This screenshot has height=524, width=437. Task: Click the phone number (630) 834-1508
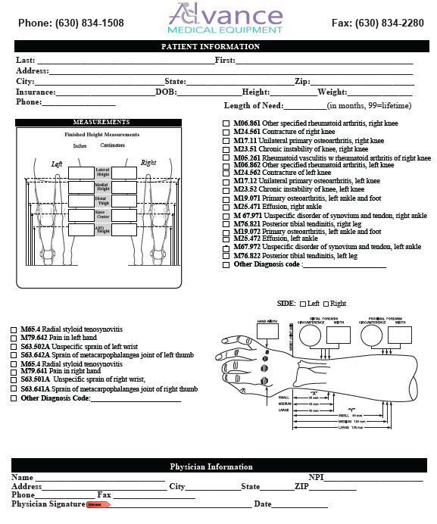70,23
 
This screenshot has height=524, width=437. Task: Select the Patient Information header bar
210,46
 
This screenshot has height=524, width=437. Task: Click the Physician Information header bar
211,466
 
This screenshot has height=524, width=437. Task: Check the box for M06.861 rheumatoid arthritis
226,123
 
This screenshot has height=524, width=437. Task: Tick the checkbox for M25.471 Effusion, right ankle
226,207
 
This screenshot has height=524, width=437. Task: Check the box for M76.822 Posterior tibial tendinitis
226,256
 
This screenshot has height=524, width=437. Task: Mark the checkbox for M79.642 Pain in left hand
14,338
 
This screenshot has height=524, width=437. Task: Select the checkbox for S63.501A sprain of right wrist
14,381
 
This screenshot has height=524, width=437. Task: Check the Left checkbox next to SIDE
303,304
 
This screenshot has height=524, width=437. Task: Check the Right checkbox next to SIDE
326,304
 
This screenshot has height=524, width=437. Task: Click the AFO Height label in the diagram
102,230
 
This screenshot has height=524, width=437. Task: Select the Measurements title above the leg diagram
101,123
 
